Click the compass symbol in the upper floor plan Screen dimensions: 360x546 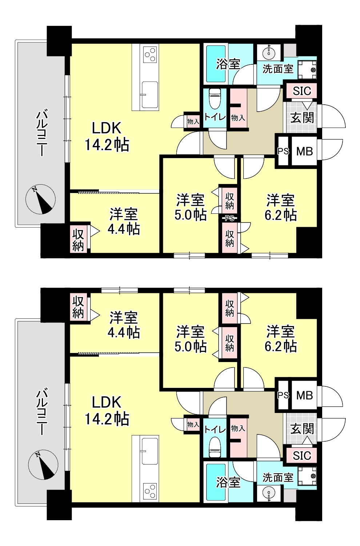pos(40,199)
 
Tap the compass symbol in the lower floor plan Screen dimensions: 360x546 pos(43,465)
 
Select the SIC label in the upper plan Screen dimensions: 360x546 pos(302,91)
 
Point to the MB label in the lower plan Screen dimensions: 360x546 pos(305,396)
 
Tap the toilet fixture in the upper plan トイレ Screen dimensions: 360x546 pos(215,99)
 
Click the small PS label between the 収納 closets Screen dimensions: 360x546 pos(229,218)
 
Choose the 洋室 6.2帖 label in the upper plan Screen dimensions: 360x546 pos(281,208)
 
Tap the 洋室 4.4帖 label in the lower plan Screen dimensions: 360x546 pos(124,325)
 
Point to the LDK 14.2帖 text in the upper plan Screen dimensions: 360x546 pos(107,137)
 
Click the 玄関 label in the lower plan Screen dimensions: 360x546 pos(302,429)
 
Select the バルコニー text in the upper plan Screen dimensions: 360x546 pos(42,133)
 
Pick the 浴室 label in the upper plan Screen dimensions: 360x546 pos(228,64)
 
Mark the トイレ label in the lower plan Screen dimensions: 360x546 pos(215,430)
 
